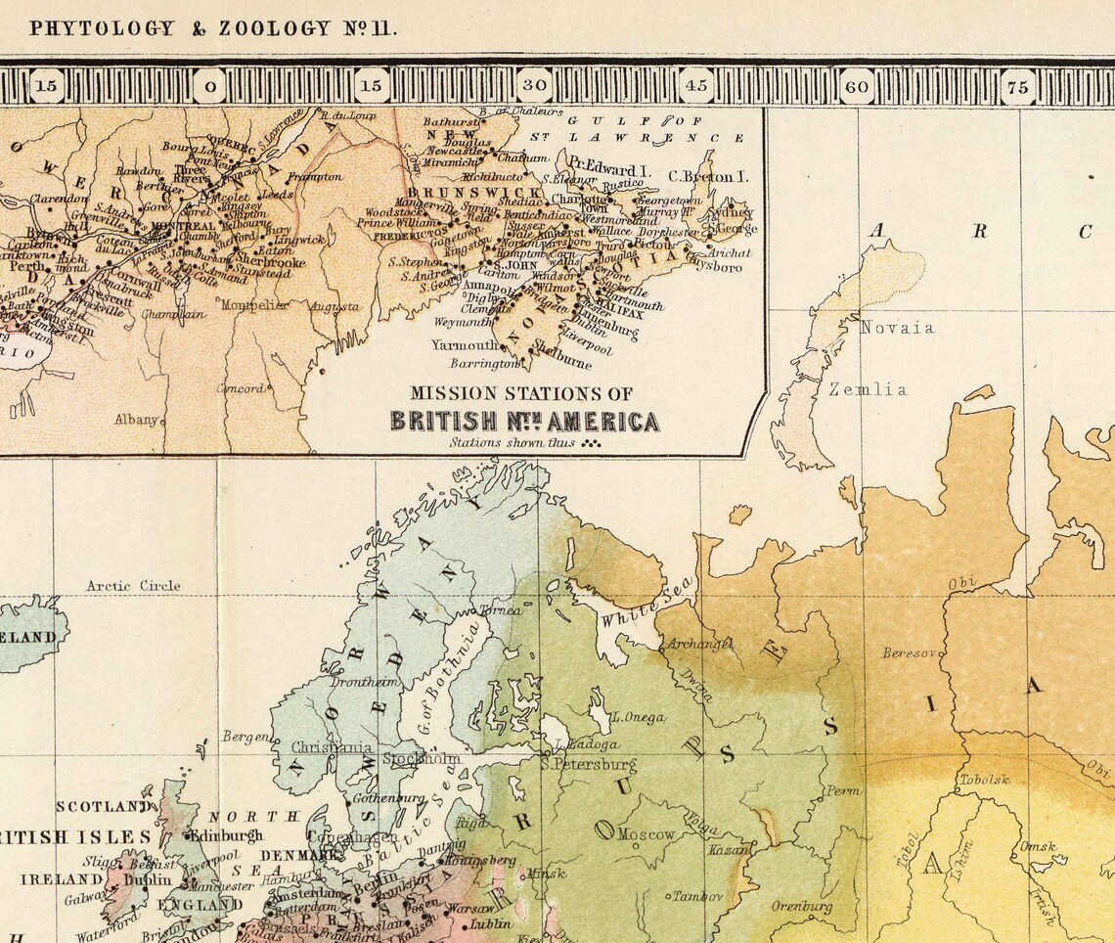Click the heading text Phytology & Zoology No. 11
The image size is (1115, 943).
(x=212, y=28)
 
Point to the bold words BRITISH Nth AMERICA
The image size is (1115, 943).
(x=524, y=422)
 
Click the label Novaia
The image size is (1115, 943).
(x=896, y=328)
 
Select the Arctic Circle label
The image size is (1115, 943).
(x=133, y=586)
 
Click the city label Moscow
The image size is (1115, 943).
(x=646, y=834)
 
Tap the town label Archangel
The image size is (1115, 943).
(x=699, y=644)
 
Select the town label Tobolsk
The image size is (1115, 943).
(x=983, y=780)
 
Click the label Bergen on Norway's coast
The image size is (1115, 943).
(x=245, y=736)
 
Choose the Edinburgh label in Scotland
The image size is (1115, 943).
(x=226, y=835)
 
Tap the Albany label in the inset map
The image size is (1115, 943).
(x=135, y=419)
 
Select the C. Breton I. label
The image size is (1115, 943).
(x=708, y=176)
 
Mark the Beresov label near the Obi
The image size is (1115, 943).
(x=910, y=652)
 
